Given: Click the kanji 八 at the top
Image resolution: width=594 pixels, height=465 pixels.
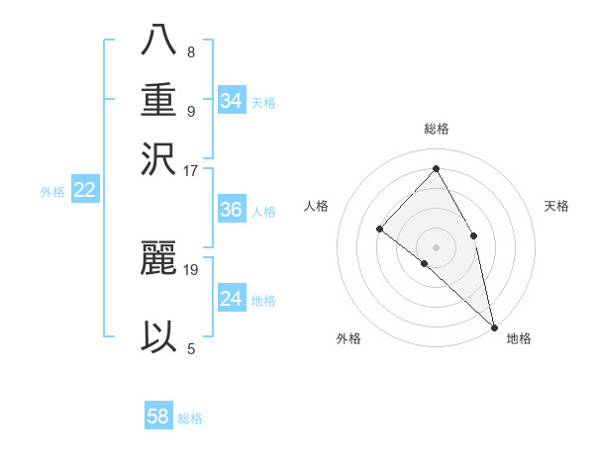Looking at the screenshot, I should click(x=158, y=40).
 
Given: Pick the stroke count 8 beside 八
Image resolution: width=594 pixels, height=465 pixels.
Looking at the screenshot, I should click(x=190, y=51).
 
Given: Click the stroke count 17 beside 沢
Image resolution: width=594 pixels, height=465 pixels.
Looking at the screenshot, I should click(x=192, y=170).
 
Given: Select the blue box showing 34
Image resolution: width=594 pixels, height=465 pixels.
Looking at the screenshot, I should click(x=232, y=101).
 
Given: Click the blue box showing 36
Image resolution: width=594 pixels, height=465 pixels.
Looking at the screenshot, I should click(x=232, y=210).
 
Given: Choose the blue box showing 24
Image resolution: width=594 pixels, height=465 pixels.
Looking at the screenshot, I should click(x=232, y=299).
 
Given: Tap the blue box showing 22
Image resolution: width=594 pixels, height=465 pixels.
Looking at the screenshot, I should click(x=84, y=190).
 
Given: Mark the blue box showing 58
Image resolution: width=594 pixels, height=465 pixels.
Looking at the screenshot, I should click(x=158, y=417).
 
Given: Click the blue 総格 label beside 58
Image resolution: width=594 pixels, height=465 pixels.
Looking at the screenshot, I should click(x=190, y=418).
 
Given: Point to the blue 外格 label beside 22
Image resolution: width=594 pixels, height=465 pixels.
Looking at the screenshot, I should click(x=52, y=192).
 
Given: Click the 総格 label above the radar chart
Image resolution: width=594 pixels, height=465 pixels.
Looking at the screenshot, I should click(x=436, y=129).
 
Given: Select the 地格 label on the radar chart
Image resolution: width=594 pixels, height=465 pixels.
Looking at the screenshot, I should click(x=519, y=339).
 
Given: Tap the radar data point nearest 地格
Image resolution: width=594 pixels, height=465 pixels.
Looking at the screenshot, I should click(x=494, y=325).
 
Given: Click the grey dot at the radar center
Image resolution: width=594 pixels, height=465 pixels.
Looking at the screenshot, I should click(x=436, y=246).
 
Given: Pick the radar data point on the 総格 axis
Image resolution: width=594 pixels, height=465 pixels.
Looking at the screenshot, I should click(x=436, y=169).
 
